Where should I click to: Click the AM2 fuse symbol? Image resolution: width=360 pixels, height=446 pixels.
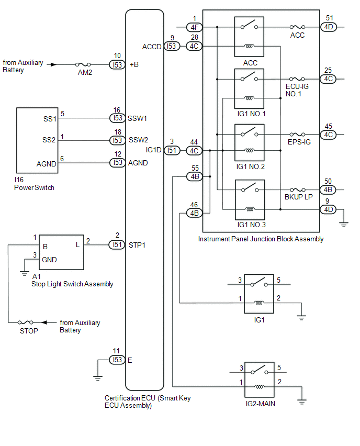84,64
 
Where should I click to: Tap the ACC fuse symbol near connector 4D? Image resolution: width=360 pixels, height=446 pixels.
297,26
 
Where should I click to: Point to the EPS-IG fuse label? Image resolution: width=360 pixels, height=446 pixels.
299,142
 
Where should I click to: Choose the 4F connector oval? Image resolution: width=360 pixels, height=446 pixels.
194,26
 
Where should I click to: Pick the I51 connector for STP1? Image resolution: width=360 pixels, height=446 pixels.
117,244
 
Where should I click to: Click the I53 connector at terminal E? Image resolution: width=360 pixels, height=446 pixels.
117,360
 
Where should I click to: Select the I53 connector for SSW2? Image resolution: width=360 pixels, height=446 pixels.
117,140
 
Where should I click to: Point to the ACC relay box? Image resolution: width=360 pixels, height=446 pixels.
249,36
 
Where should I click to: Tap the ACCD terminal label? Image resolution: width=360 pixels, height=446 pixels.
152,46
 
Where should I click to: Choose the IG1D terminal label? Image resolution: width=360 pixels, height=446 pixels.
153,150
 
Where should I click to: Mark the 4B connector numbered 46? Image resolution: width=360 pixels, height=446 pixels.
194,213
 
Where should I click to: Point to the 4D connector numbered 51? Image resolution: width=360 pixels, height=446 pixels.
328,26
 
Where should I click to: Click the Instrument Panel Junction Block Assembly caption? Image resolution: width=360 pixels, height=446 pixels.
261,239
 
